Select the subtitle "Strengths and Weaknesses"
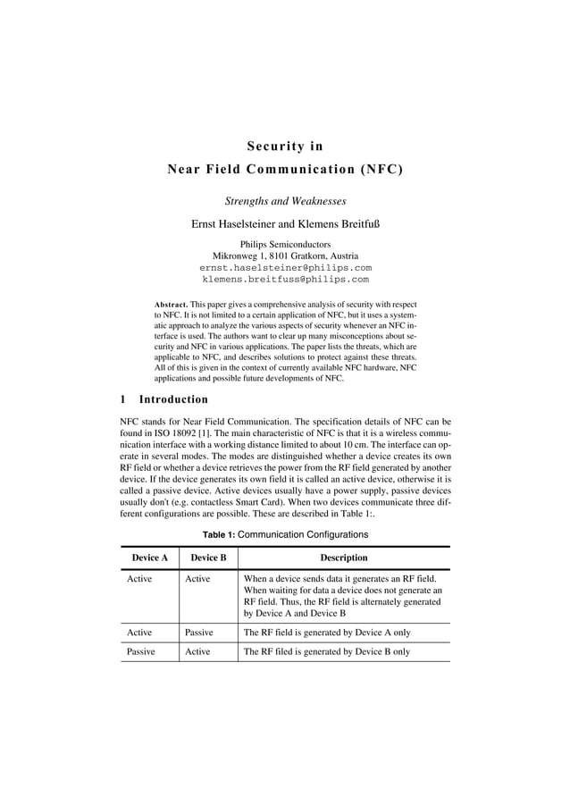[x=285, y=201]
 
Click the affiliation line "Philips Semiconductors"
[x=285, y=244]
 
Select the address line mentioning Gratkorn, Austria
[x=285, y=256]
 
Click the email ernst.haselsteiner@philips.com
[x=285, y=268]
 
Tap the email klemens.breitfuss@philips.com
[x=285, y=281]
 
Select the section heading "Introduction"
[x=173, y=399]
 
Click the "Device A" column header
[x=149, y=558]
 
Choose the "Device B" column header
[x=208, y=558]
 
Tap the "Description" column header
[x=344, y=558]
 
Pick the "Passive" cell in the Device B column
[x=198, y=632]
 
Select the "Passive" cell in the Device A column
[x=141, y=652]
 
